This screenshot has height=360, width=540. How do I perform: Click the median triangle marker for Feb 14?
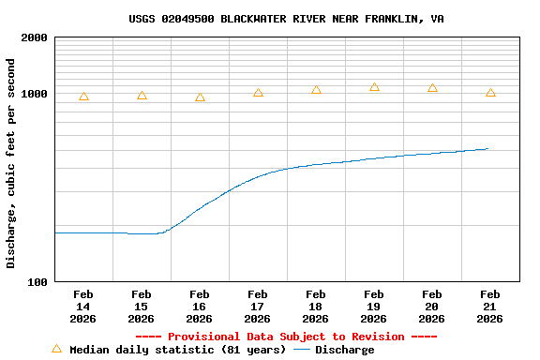click(83, 97)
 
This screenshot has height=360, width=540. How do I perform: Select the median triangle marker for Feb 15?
click(142, 96)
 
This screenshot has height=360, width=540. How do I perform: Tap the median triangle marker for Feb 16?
click(200, 97)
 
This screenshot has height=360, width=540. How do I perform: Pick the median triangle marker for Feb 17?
click(258, 93)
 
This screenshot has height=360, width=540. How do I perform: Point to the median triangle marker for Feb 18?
click(316, 90)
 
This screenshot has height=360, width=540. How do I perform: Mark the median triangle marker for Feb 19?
click(374, 87)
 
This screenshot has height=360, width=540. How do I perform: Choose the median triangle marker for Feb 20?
click(432, 88)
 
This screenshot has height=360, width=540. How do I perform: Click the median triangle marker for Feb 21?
click(490, 93)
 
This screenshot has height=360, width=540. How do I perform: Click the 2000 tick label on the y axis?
click(34, 37)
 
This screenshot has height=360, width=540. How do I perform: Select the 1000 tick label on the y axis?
click(34, 94)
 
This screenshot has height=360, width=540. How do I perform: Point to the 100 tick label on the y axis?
click(37, 282)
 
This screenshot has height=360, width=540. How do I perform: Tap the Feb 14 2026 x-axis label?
click(83, 307)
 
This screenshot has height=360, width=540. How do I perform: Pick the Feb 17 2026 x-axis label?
click(258, 307)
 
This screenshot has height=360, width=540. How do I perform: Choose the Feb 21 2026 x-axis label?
click(490, 307)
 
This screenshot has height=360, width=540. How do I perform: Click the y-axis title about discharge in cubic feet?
click(11, 163)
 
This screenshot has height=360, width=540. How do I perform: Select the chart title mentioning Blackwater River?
click(286, 19)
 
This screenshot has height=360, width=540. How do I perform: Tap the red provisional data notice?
click(286, 337)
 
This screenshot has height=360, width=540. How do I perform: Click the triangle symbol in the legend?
click(56, 349)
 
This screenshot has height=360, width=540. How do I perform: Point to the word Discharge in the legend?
click(344, 350)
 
